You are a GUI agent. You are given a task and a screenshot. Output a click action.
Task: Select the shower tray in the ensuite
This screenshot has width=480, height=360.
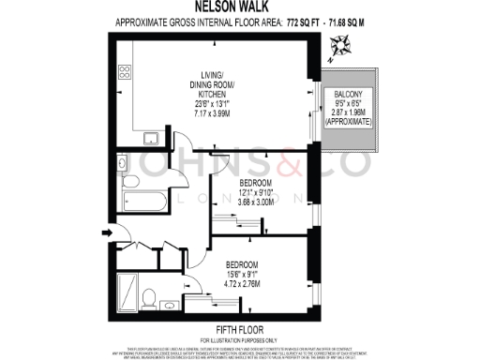[x=127, y=286]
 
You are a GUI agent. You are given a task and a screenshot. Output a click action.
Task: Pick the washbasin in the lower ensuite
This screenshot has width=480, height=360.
[x=168, y=304]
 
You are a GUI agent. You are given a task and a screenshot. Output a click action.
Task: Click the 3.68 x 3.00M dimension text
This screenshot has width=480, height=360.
[x=253, y=202]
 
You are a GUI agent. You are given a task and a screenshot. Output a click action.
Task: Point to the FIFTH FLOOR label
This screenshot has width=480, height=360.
[x=239, y=328]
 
